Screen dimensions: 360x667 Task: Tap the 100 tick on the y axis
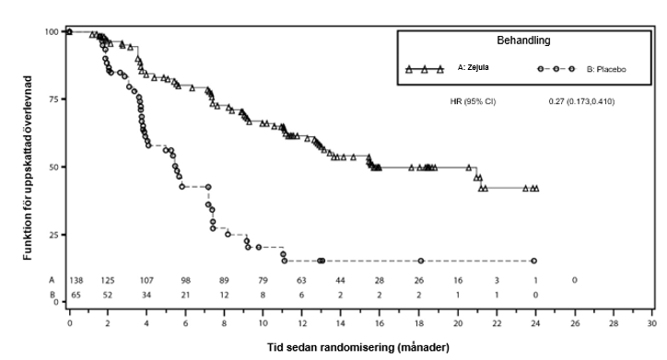(49, 32)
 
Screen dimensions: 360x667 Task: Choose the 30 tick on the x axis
(651, 325)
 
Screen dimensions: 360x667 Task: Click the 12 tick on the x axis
(301, 325)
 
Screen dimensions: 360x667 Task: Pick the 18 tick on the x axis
(418, 325)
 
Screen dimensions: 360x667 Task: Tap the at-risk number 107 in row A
(146, 279)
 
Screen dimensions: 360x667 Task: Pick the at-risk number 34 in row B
(146, 294)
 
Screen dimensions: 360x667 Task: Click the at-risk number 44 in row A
(340, 279)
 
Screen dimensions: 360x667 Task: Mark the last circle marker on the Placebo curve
(534, 261)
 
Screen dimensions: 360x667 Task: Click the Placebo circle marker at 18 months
(420, 261)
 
